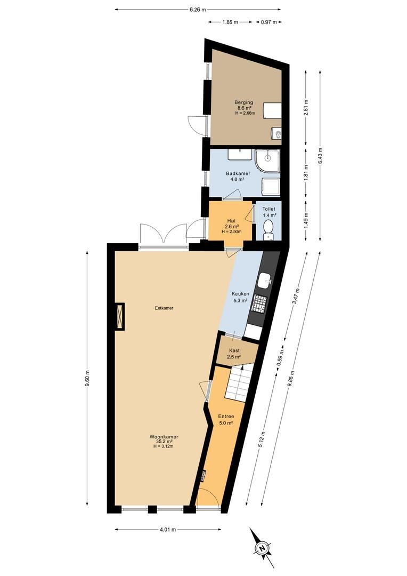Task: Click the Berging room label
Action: [x=243, y=102]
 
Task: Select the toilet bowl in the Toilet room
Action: [x=268, y=228]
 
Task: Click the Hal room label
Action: [x=231, y=221]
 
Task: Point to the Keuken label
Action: [x=240, y=294]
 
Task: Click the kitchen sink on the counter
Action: [x=264, y=281]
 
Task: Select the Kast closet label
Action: [x=234, y=350]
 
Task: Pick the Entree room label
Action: [x=226, y=417]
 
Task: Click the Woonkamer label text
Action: [x=164, y=437]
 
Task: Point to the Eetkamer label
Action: [x=164, y=308]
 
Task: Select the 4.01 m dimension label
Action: [x=168, y=530]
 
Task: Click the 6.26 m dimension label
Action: [x=198, y=10]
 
